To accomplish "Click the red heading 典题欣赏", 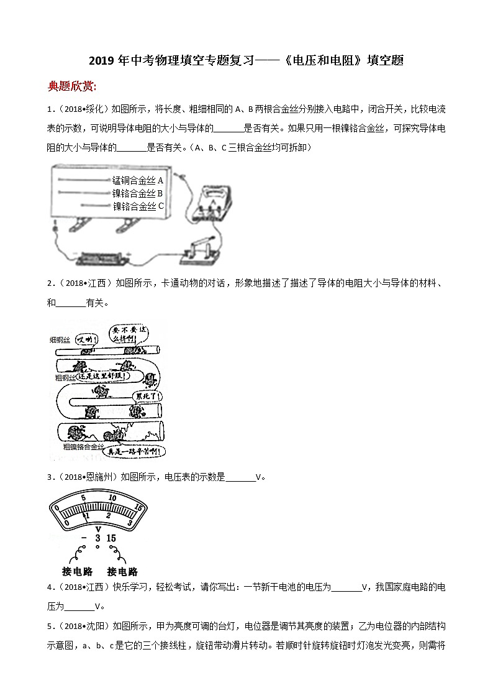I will coord(72,86).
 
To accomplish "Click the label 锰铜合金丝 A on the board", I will coord(137,180).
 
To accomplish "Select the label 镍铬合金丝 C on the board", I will coord(138,206).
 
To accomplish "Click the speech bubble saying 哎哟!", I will coord(84,339).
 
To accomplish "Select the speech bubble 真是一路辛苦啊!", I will coord(134,452).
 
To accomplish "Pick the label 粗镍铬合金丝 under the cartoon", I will coord(83,446).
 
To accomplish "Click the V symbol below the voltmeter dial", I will coord(97,528).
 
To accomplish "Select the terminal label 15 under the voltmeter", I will coord(111,538).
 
